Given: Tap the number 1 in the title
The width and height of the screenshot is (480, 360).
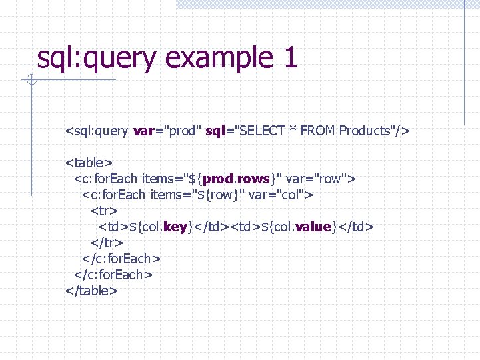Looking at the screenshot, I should tap(289, 58).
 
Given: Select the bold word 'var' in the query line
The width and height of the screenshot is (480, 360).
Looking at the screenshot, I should tap(143, 131).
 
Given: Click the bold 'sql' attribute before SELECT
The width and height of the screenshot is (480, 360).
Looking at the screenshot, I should tap(215, 131).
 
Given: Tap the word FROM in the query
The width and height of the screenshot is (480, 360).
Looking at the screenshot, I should tap(318, 131).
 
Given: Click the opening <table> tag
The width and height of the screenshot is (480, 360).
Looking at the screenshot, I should tap(89, 163).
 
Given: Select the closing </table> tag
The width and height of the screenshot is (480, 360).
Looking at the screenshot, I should tap(92, 291).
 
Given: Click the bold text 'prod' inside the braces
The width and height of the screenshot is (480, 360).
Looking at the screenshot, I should tap(218, 179).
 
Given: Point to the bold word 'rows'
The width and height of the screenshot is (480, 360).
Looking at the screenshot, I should tap(253, 179).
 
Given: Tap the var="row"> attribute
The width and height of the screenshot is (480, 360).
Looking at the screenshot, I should tap(321, 179).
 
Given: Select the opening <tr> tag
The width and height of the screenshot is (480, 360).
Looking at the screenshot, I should tap(104, 211).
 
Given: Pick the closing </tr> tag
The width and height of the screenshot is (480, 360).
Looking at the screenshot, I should tap(107, 243).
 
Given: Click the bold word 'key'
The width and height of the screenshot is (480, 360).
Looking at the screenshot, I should tap(175, 227).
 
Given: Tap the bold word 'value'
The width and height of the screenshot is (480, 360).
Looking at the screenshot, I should tap(313, 227).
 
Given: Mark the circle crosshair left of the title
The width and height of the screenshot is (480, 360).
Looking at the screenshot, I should tap(31, 81).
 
